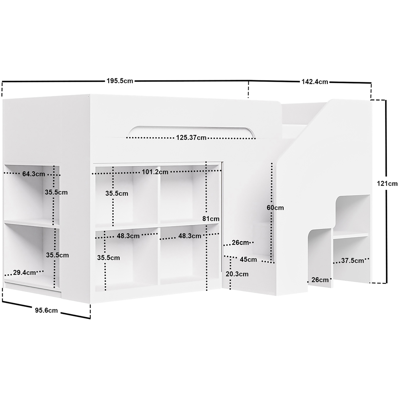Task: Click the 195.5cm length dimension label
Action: [120, 81]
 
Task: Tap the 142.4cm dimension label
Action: [315, 82]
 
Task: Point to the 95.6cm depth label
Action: [47, 310]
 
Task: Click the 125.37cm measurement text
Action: [191, 138]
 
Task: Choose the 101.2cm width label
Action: [155, 172]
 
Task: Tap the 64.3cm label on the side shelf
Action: [33, 174]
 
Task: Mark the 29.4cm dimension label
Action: [24, 273]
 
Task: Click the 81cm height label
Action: [211, 219]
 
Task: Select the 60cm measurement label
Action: [275, 208]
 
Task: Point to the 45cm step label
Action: [248, 259]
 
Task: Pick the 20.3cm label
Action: [237, 274]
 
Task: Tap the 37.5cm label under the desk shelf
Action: [352, 260]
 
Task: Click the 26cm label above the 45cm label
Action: [240, 242]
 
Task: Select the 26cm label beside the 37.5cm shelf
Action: [320, 280]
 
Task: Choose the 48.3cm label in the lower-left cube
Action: [128, 236]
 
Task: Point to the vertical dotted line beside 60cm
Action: [272, 212]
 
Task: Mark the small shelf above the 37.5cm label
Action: [350, 236]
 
